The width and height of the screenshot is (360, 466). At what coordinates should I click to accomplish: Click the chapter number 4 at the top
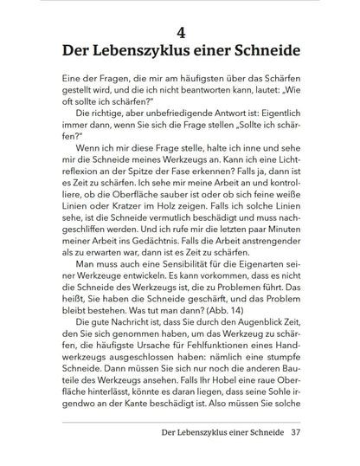[181, 33]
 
